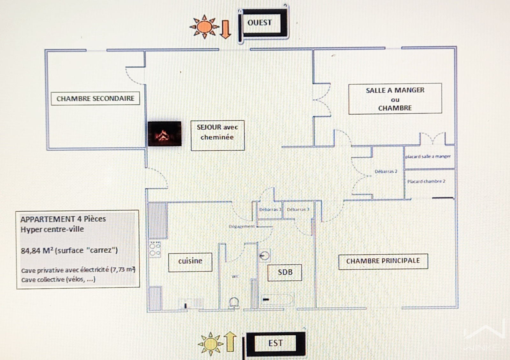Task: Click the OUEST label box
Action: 262,23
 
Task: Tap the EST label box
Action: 275,343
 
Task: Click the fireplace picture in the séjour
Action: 164,134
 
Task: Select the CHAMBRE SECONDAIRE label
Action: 95,99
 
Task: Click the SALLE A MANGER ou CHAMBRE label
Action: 395,99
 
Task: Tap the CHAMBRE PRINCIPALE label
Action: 383,261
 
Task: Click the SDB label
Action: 285,273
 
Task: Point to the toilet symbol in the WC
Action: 234,303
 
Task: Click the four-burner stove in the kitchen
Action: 155,249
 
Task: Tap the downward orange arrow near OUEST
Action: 225,29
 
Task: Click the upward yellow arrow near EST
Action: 230,341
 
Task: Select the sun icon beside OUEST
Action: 204,27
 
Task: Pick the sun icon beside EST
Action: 210,344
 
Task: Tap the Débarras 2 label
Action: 386,171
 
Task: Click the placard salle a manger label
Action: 428,156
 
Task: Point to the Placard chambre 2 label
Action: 426,181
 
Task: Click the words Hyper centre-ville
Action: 52,229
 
